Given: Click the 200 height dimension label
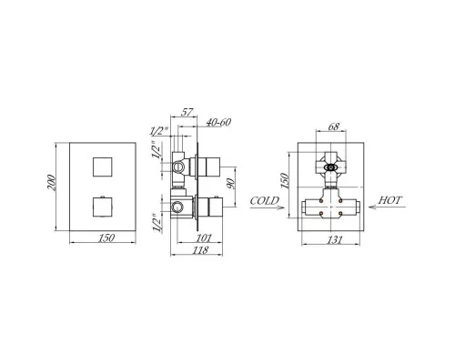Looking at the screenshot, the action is point(52,183).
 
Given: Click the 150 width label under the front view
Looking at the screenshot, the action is point(106,238).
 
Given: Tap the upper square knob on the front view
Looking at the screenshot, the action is point(102,167).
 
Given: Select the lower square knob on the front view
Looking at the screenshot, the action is point(102,207).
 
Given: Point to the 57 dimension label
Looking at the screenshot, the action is point(187,112).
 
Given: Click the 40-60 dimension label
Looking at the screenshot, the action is point(218,122).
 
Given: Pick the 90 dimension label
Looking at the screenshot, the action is point(230,184).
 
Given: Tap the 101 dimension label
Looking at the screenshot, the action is point(204,238).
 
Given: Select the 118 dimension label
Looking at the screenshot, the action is point(200,250).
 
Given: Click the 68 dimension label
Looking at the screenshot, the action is point(333,126).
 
